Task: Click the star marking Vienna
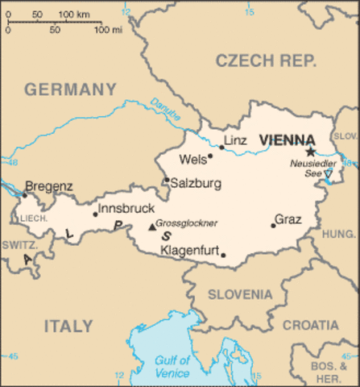click(310, 151)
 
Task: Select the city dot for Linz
click(221, 148)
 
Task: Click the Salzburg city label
click(197, 184)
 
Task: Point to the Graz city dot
click(273, 226)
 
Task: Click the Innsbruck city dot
click(95, 214)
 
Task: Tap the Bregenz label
click(49, 186)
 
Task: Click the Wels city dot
click(210, 156)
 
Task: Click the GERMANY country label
click(70, 89)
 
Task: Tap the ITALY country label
click(68, 326)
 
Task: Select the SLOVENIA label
click(240, 294)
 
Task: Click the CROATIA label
click(310, 325)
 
